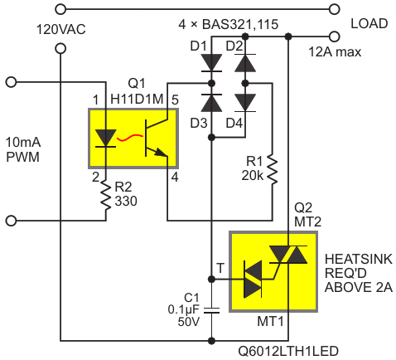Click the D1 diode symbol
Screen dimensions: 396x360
tap(211, 63)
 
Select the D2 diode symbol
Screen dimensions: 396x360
tap(245, 63)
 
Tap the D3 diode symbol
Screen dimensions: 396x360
tap(211, 103)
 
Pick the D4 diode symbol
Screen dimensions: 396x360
tap(245, 103)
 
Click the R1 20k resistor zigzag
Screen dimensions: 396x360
tap(273, 170)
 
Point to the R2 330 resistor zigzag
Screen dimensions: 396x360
tap(105, 195)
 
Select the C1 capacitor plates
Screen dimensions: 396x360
tap(211, 310)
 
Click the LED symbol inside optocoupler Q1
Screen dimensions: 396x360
tap(105, 139)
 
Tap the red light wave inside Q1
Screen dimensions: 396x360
tap(130, 138)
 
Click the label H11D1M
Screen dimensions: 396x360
tap(137, 99)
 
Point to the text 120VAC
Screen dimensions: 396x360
tap(61, 30)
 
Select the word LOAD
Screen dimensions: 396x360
tap(369, 24)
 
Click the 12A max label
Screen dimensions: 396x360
tap(335, 52)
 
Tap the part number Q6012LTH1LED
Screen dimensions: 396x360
tap(288, 352)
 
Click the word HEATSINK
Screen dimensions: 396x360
tap(359, 260)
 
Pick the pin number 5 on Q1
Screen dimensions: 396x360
tap(175, 100)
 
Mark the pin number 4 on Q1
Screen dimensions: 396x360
tap(175, 177)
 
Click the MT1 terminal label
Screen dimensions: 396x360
tap(270, 322)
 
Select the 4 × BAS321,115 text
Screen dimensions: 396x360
tap(229, 25)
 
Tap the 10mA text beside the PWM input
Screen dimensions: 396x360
tap(23, 143)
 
